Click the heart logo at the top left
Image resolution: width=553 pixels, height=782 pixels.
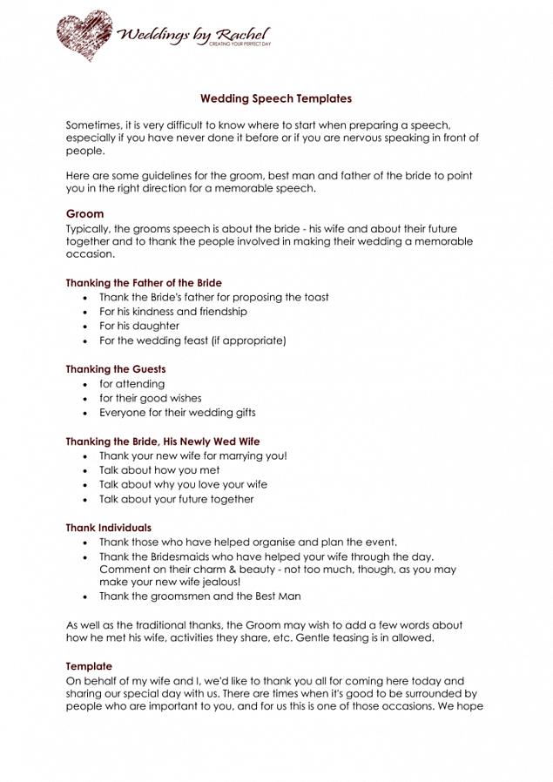point(84,35)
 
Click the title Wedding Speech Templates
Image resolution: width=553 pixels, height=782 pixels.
point(276,99)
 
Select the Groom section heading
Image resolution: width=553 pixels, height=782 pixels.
point(84,213)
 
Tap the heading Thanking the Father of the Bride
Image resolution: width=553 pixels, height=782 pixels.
point(144,283)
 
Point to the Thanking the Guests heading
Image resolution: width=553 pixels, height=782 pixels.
point(115,369)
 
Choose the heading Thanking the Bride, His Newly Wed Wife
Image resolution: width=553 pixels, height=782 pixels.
point(162,442)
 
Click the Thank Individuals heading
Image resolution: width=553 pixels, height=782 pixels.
point(108,528)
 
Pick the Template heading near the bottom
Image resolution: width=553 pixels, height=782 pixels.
point(89,666)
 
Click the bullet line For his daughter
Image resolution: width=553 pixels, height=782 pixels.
point(138,326)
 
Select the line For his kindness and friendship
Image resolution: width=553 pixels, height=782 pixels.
point(172,312)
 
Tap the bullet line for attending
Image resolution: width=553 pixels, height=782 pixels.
point(132,384)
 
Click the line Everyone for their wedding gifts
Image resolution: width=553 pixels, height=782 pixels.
point(177,413)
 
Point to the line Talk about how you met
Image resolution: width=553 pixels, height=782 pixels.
point(158,470)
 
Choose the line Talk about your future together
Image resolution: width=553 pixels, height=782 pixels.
point(176,499)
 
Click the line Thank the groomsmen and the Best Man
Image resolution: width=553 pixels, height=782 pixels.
point(199,597)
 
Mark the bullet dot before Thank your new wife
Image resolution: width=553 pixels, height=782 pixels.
point(85,456)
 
